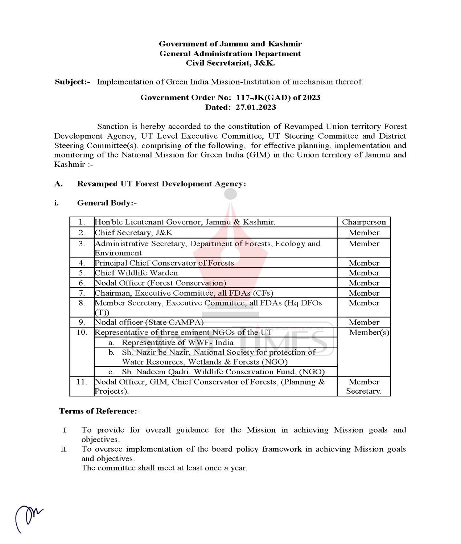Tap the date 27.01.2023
255,107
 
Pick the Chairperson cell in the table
363,222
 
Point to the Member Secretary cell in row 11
363,386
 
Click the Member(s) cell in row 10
369,332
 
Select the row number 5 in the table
82,273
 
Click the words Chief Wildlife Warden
136,273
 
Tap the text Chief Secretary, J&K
133,232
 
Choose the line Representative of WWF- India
177,342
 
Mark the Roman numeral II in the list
64,449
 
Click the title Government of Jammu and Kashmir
230,44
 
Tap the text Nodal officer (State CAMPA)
149,322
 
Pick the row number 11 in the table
82,382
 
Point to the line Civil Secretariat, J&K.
230,63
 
